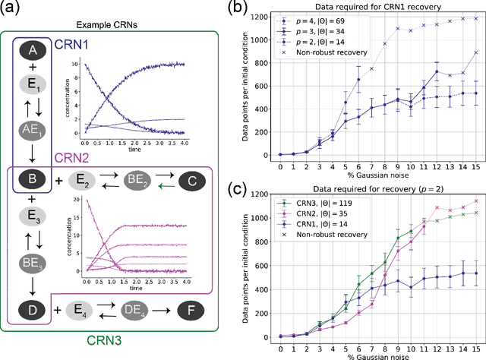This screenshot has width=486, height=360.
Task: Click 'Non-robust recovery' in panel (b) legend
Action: pyautogui.click(x=327, y=54)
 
